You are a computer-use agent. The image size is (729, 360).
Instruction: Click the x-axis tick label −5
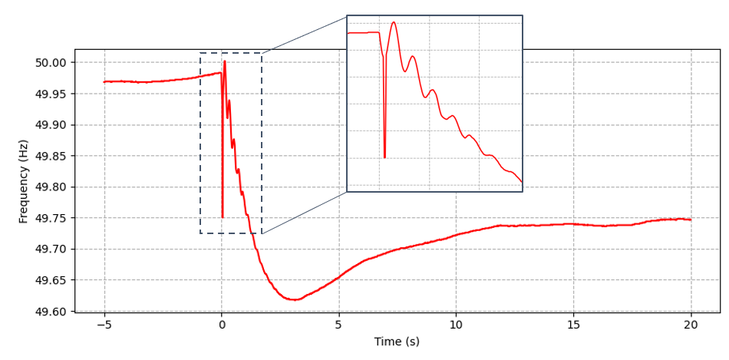tap(104, 325)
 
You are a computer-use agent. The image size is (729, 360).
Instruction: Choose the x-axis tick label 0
tap(222, 325)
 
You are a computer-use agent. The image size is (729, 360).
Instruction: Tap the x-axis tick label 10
tap(456, 325)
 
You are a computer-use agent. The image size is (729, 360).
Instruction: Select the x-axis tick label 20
tap(691, 325)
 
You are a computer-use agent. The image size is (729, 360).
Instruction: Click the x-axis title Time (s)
tap(397, 342)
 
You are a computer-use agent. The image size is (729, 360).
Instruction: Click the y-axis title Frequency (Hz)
tap(24, 181)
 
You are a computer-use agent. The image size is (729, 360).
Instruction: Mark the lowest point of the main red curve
tap(293, 299)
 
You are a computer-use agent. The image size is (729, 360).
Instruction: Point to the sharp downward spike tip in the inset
tap(384, 157)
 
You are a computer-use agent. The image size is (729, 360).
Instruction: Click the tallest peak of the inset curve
tap(394, 22)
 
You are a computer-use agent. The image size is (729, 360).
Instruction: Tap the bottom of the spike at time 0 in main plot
tap(223, 217)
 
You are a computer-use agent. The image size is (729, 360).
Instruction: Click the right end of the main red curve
tap(691, 220)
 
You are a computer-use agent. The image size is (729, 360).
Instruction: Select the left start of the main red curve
tap(104, 81)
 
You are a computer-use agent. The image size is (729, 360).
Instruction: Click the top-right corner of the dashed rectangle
tap(262, 54)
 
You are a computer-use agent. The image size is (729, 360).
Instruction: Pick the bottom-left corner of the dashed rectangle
tap(200, 233)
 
